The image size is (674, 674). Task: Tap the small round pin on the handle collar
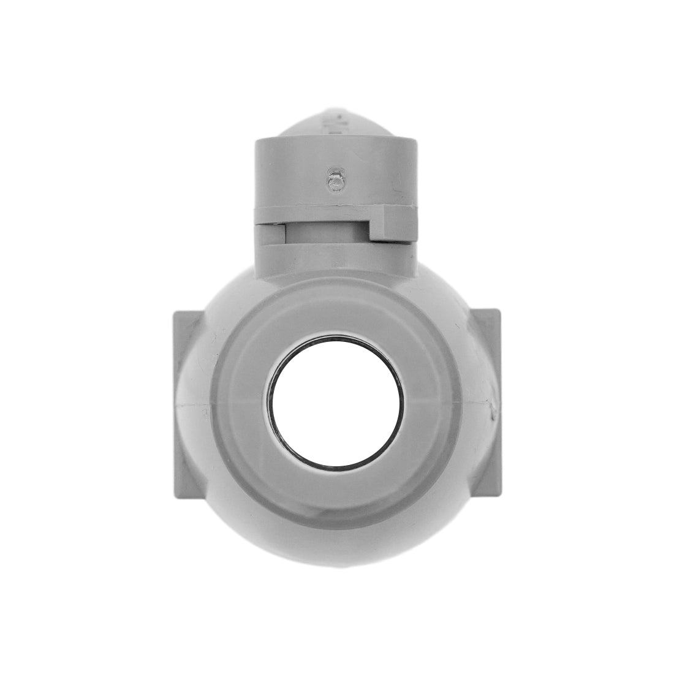[x=335, y=180]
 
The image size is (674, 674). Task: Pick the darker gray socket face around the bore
[x=337, y=319]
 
